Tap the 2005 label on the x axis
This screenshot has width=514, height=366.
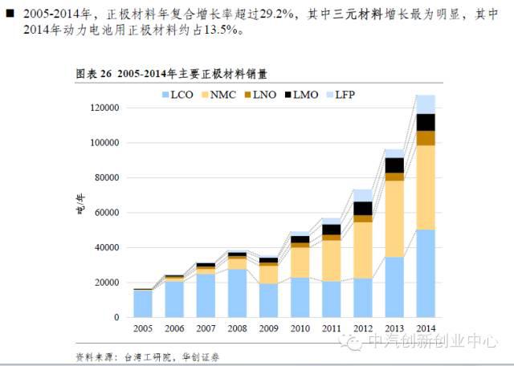pos(142,328)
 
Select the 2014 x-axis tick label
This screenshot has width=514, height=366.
pos(426,328)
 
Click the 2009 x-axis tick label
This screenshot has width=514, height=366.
pos(268,328)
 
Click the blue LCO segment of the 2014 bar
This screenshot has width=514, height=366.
pos(426,273)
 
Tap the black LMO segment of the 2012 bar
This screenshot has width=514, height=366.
pos(363,208)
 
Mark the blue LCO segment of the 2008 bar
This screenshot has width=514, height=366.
pos(237,293)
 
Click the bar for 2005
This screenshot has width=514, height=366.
pos(142,303)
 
